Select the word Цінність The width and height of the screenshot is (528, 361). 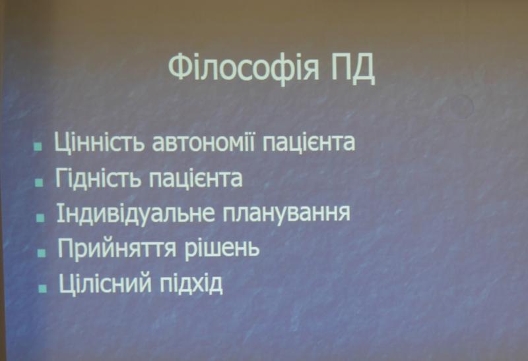pos(100,142)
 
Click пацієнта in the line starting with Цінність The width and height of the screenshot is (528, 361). pos(308,143)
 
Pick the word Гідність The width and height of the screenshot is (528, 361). pos(98,178)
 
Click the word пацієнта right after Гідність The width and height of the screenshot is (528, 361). pos(195,179)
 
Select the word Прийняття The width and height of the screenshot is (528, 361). pos(117,249)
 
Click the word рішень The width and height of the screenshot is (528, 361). pos(222,249)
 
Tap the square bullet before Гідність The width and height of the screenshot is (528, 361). pos(40,182)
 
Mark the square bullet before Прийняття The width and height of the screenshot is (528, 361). pos(42,253)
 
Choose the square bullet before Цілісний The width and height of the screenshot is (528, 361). pos(43,289)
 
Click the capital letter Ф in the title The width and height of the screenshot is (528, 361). pos(179,67)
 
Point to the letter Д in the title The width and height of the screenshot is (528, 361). pos(364,70)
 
